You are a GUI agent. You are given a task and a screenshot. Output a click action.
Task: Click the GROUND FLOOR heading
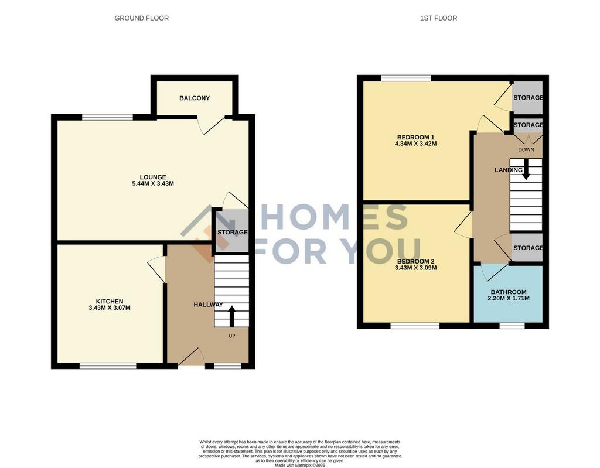tap(142, 18)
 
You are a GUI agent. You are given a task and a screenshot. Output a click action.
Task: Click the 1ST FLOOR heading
tap(438, 18)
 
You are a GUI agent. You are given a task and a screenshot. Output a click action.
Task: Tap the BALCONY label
tap(195, 98)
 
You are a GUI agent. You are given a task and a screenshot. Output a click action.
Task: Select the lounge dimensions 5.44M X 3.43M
tap(153, 184)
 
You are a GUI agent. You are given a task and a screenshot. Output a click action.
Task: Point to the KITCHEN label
tap(110, 302)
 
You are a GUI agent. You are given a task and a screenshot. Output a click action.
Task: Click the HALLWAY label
tap(208, 305)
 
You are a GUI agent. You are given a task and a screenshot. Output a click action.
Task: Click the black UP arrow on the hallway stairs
tap(231, 316)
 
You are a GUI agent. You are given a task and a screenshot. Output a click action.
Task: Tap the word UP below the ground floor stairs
tap(232, 336)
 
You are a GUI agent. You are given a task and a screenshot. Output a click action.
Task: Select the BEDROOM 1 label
tap(415, 138)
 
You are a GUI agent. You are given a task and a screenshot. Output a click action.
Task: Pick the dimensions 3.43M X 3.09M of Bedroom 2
tap(416, 268)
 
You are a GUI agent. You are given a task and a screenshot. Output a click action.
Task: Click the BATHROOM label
tap(509, 292)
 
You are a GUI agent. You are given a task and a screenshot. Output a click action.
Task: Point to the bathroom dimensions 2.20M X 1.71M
tap(509, 298)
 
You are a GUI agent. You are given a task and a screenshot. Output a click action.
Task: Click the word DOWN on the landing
tap(526, 149)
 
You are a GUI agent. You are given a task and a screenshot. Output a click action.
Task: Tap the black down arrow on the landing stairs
tap(527, 169)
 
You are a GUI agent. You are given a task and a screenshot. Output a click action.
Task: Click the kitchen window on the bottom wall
tap(108, 366)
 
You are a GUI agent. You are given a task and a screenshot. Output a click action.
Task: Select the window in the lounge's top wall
tap(108, 117)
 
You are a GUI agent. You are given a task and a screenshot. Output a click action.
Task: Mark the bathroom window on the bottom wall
tap(512, 326)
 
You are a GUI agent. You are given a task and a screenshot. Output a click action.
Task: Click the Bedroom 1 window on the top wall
tap(406, 78)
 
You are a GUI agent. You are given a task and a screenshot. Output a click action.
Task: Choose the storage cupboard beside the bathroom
tap(527, 248)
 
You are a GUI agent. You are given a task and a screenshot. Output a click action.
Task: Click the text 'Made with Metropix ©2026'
tap(299, 465)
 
